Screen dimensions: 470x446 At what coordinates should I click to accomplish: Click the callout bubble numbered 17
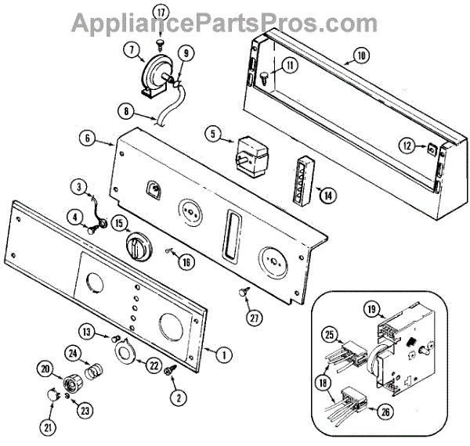tap(161, 13)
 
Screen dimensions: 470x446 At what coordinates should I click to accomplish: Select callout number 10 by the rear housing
tap(360, 56)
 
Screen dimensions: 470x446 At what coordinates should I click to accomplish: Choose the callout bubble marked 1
tap(224, 354)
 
